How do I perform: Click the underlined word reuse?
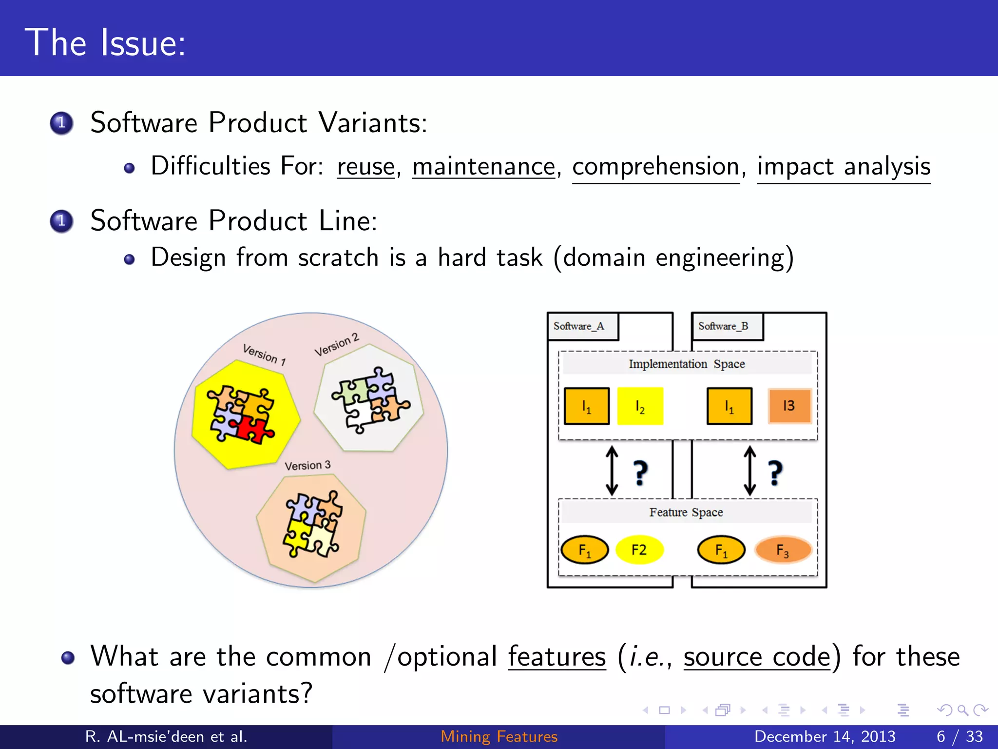click(365, 167)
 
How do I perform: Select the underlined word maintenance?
click(483, 167)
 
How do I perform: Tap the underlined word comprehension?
click(655, 167)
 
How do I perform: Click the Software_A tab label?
click(579, 326)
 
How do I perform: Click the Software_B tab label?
click(723, 326)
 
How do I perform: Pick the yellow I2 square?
click(640, 406)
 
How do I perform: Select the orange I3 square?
click(789, 406)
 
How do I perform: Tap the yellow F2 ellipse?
click(639, 550)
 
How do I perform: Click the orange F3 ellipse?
click(783, 550)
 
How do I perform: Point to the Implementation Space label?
click(687, 364)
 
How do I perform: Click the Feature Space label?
click(686, 512)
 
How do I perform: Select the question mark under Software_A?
click(640, 473)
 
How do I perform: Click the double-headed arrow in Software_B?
click(750, 471)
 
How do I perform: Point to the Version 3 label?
click(307, 466)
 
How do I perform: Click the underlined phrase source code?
click(757, 657)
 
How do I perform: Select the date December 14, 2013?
click(825, 736)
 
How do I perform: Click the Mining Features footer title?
click(499, 736)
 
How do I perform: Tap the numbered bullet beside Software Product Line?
click(61, 221)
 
